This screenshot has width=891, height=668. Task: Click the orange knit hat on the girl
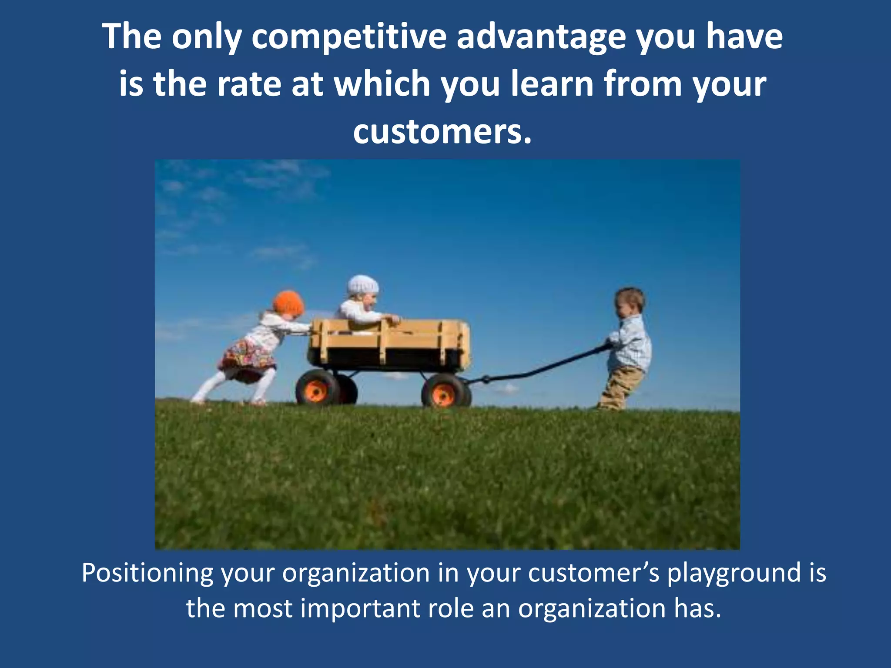pos(288,303)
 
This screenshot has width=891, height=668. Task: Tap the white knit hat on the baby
pos(363,285)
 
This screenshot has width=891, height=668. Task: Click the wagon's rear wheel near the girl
pos(317,388)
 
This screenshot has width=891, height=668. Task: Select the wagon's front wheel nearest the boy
pos(444,391)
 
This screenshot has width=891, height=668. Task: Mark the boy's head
pos(629,303)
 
